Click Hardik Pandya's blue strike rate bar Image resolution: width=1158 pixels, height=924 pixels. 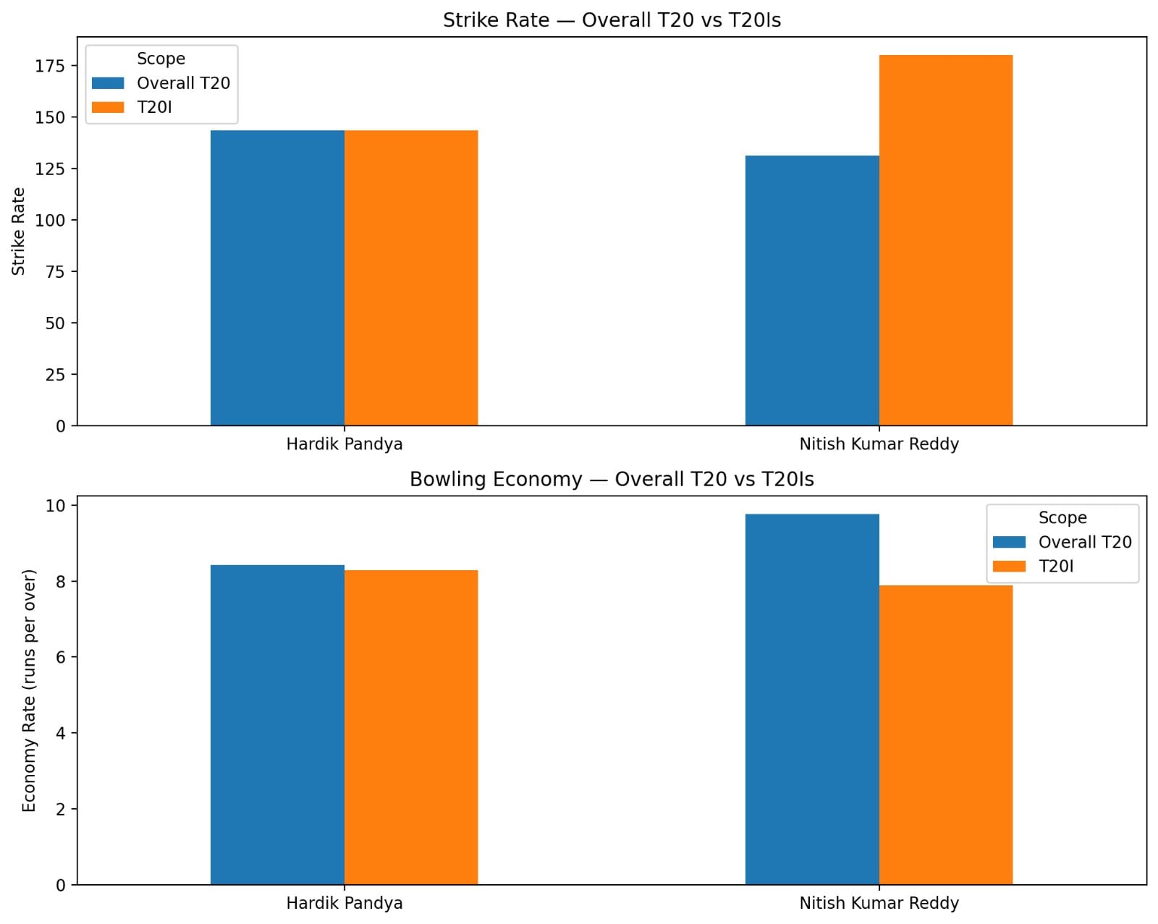[277, 278]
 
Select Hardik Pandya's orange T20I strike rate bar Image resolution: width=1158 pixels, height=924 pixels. [411, 278]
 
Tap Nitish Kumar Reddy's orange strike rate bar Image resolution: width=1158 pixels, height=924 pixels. [945, 240]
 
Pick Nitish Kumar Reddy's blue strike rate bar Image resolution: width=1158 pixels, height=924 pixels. [812, 290]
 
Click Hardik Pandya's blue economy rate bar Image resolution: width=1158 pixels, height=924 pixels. [277, 724]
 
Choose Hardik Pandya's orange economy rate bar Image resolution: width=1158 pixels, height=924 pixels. [411, 727]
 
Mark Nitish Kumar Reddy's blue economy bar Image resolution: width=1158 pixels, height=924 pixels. [812, 699]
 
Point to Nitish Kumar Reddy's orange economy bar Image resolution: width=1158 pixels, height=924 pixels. [945, 734]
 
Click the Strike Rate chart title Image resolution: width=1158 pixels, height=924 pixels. [612, 20]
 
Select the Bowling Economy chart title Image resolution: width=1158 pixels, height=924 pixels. [612, 480]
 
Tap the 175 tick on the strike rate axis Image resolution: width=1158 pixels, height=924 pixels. [50, 66]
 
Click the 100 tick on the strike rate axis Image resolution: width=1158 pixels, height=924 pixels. [50, 220]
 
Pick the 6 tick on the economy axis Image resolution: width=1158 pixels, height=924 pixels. [60, 657]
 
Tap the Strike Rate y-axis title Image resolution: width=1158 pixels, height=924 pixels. [18, 232]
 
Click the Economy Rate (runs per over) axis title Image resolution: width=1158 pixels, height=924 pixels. [29, 690]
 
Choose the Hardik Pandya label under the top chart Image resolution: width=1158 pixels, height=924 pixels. [344, 444]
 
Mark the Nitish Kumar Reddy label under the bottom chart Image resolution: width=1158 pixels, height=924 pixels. [879, 903]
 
